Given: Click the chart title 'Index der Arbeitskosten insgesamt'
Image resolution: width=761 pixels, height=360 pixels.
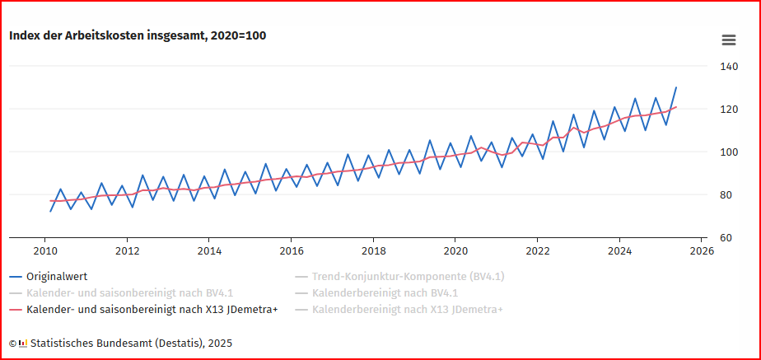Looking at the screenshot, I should (137, 35).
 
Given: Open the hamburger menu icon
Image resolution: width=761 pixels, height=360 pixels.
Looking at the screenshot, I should (728, 40).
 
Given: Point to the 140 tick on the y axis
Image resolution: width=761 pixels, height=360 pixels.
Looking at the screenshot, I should (727, 67).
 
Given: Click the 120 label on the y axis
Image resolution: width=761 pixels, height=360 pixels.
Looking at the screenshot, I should (727, 110).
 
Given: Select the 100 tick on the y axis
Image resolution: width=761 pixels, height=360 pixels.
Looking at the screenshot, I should (727, 152).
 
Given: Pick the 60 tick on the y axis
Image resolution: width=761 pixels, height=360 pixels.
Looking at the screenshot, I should (725, 238).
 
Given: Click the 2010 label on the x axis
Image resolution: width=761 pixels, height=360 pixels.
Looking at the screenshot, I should (44, 251).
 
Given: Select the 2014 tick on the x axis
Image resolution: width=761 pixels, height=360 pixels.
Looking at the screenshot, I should (209, 251).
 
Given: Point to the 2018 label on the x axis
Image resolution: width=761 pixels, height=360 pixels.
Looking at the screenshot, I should (373, 251).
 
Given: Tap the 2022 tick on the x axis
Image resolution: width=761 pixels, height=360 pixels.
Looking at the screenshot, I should (538, 251).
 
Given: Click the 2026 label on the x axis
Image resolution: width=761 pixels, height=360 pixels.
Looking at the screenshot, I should (702, 251).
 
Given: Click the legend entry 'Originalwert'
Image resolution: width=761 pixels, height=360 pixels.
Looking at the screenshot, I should (57, 277).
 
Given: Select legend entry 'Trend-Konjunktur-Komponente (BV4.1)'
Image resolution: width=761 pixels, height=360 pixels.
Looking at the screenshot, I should (408, 277).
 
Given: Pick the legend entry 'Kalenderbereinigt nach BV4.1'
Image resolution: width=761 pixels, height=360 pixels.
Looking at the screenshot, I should (385, 293).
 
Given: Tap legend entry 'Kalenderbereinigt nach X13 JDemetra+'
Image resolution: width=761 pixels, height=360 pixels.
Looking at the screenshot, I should (407, 310).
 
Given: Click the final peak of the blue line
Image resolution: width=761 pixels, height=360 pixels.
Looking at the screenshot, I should (676, 87).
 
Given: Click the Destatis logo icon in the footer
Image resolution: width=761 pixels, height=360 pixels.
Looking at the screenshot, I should (23, 343).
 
